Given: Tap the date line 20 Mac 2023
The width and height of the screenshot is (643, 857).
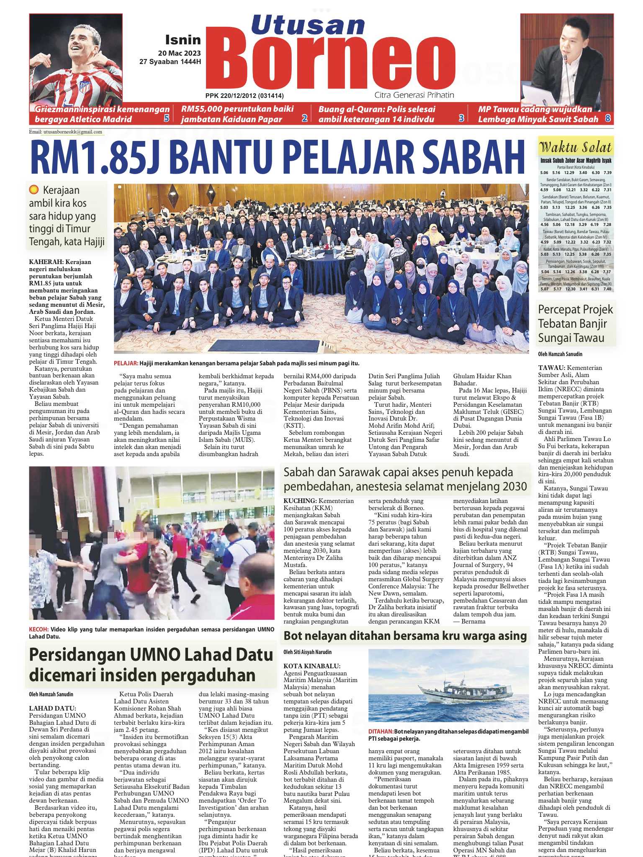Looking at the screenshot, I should pos(179,53).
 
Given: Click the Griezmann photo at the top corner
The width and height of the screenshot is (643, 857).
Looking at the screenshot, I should pos(76,59).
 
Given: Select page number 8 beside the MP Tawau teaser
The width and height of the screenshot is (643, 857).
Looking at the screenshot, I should pos(607,119).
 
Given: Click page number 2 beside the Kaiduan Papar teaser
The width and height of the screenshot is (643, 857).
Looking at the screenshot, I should pos(304,119).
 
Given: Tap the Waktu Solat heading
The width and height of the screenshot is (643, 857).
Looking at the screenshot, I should pos(576,147).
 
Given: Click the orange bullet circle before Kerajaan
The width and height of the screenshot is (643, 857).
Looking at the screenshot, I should pos(34,190).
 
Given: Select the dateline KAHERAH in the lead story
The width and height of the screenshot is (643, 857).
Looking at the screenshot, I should pos(46,262).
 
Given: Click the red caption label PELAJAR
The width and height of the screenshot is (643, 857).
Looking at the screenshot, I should pos(126,363).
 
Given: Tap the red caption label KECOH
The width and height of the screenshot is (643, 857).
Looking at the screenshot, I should pos(39,629).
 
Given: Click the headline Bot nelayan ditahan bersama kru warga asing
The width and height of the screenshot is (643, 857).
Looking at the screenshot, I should pos(405,636).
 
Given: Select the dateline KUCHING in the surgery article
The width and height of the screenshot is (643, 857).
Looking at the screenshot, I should pos(300,501).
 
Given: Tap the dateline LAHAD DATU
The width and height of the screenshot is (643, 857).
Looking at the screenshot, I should pos(52,708).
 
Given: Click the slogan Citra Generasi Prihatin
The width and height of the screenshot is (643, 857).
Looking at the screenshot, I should pos(414,95).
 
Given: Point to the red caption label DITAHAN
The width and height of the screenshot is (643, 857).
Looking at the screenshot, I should pos(381,731).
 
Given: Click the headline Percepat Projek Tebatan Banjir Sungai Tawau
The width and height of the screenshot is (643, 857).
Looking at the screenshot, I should pos(575,323).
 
